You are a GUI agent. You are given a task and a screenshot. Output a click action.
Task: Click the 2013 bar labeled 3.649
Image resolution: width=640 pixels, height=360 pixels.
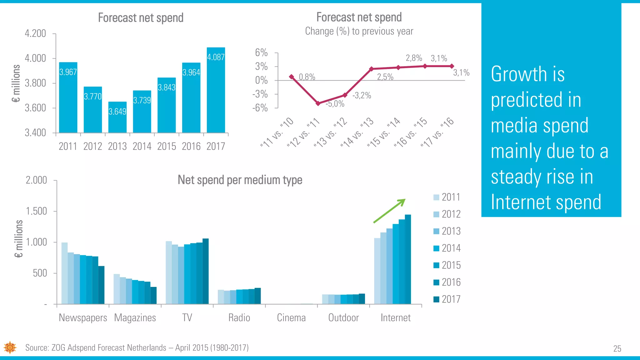coord(117,117)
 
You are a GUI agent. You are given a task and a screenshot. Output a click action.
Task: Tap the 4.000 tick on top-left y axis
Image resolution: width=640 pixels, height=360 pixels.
coord(35,58)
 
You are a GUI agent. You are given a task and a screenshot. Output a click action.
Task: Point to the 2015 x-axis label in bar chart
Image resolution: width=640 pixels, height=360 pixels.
coord(167,146)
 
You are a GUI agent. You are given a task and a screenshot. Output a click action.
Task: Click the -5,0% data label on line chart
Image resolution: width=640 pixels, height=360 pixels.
coord(335,104)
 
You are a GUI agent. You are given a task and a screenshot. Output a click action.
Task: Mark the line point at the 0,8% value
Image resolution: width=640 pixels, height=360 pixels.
coord(292,77)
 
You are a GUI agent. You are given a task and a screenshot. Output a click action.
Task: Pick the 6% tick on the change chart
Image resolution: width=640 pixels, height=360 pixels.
coord(261,53)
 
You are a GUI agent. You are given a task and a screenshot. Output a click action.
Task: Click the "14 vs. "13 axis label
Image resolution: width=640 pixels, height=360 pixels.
coord(357,133)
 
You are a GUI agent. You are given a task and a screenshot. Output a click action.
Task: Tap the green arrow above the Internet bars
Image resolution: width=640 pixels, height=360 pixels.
coord(389,211)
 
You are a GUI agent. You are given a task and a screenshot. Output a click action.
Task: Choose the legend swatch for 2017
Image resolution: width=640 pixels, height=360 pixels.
coord(436,299)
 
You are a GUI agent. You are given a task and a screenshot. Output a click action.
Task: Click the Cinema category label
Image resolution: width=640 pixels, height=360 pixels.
coord(291,318)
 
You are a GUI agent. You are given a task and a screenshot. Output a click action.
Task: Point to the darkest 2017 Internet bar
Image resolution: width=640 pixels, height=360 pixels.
coord(408,259)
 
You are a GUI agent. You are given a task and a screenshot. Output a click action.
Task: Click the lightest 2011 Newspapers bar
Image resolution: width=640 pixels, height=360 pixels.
coord(64,273)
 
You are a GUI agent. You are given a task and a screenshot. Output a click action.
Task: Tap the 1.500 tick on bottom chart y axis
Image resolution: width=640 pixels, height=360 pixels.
coord(36,211)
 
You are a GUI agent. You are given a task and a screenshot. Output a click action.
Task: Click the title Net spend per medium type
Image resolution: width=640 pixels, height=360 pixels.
coord(240,180)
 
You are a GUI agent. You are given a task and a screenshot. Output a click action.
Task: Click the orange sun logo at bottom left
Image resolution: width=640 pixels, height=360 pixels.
coord(10,347)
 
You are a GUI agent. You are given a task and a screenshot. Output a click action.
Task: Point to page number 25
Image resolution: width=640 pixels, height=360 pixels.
coord(617,349)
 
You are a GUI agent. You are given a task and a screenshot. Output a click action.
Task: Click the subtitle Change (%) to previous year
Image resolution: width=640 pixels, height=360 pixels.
coord(359,31)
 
